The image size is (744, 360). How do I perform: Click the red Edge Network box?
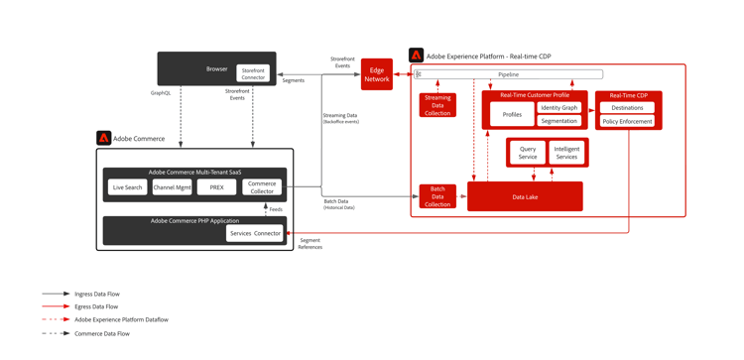coord(376,74)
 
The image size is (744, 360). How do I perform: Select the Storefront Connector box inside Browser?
coord(253,73)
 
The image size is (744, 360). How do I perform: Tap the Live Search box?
coord(127,187)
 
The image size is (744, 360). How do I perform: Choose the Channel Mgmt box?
coord(172,187)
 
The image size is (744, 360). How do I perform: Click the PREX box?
coord(216,187)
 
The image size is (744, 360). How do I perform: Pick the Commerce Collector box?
coord(262,187)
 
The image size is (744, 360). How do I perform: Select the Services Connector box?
coord(255,234)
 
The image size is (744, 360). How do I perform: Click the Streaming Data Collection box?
coord(437,105)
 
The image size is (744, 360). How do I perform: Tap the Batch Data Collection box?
coord(437,196)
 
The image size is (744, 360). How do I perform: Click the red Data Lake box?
coord(525,197)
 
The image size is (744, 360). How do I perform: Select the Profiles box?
coord(512,115)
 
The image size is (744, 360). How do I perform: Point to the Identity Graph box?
coord(558,107)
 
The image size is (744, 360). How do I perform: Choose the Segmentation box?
coord(558,121)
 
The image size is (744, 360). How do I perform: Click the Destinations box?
coord(627,107)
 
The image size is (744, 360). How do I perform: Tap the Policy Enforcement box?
coord(627,121)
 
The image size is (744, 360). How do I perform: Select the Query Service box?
coord(528,153)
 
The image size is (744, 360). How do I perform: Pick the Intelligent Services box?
coord(566,153)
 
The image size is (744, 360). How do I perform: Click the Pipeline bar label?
coord(508,74)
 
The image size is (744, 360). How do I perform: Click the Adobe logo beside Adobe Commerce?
coord(103,139)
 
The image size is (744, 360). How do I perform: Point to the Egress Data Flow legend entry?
coord(97,307)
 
